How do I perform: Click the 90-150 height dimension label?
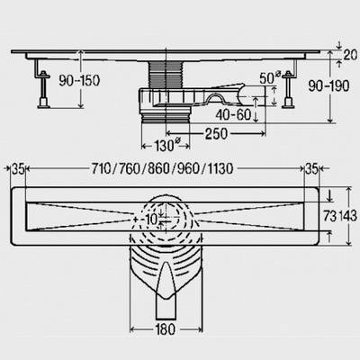79,80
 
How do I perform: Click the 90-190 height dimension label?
329,86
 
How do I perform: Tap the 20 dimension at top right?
350,55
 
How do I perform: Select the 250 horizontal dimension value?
216,134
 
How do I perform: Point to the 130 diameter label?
166,146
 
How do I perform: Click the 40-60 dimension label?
233,114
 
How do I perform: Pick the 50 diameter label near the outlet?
270,77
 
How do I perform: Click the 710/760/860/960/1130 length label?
162,169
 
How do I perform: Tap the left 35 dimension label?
18,169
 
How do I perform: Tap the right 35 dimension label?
311,169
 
